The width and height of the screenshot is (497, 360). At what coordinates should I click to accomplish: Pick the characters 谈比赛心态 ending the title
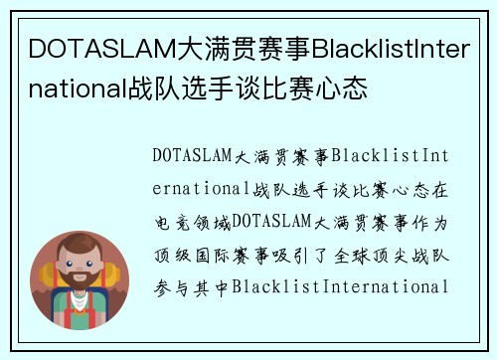[268, 90]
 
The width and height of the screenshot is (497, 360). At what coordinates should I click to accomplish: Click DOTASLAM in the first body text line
[193, 156]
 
